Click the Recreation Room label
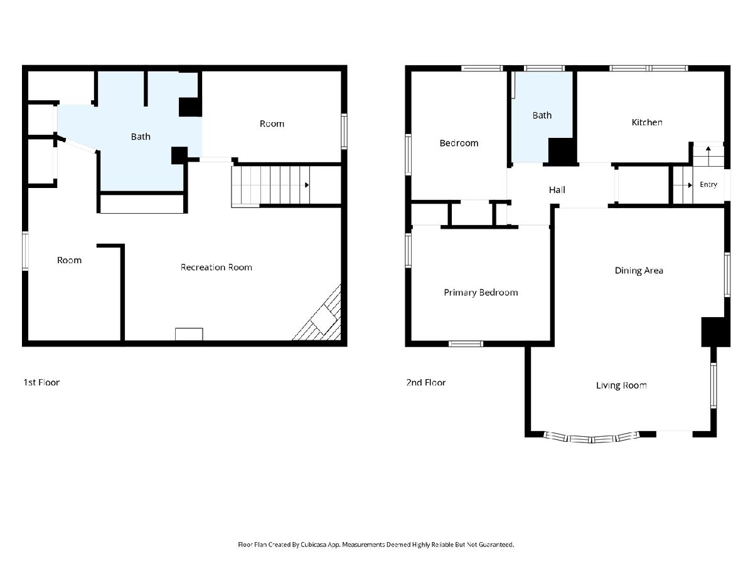pyautogui.click(x=216, y=267)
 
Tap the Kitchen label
pyautogui.click(x=647, y=122)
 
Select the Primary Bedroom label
pyautogui.click(x=481, y=293)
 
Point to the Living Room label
pyautogui.click(x=621, y=385)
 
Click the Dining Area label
pyautogui.click(x=639, y=271)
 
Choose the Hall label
pyautogui.click(x=557, y=190)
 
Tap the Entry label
pyautogui.click(x=708, y=185)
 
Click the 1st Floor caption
pyautogui.click(x=41, y=382)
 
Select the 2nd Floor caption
pyautogui.click(x=425, y=382)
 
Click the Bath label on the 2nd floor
pyautogui.click(x=542, y=115)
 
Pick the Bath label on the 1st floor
pyautogui.click(x=141, y=137)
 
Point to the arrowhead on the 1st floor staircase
pyautogui.click(x=307, y=185)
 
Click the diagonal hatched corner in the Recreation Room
pyautogui.click(x=321, y=316)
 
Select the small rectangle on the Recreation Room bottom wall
pyautogui.click(x=189, y=334)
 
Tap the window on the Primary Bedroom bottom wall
pyautogui.click(x=466, y=343)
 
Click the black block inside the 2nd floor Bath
pyautogui.click(x=561, y=151)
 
